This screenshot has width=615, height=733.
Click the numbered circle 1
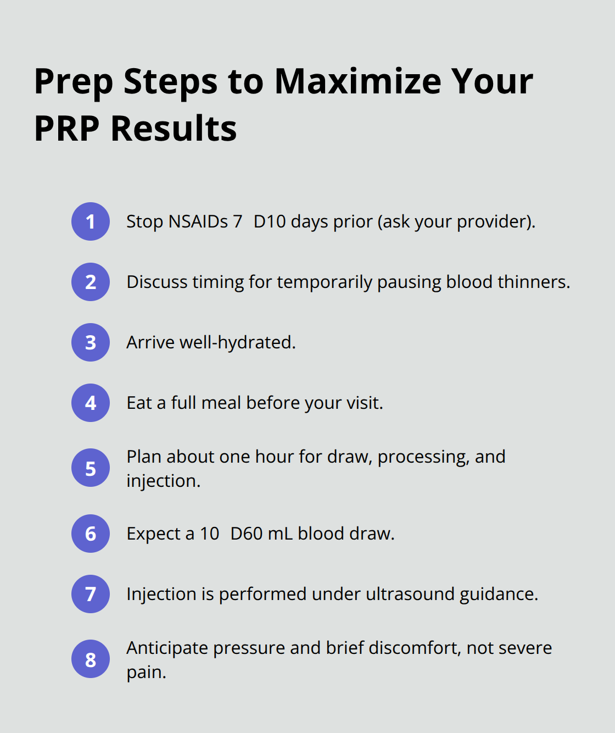tap(91, 221)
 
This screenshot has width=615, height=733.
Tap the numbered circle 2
tap(91, 282)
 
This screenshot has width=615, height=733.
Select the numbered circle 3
tap(91, 342)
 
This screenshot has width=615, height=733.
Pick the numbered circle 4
tap(91, 403)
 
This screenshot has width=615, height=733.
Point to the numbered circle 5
tap(91, 468)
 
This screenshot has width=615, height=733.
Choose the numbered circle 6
tap(91, 534)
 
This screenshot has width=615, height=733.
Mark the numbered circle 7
tap(91, 594)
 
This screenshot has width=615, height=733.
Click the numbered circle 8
tap(91, 659)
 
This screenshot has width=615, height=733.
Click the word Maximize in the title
tap(357, 81)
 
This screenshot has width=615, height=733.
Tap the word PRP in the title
tap(67, 129)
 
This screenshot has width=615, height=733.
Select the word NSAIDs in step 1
tap(198, 221)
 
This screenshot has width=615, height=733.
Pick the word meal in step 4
tap(221, 403)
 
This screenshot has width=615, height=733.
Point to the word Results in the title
tap(174, 129)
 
